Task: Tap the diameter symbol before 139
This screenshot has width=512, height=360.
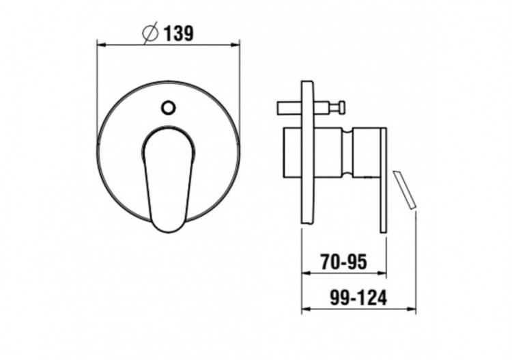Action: coord(151,32)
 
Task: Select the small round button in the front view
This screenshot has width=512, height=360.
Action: coord(168,107)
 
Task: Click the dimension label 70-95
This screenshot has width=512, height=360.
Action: coord(343,262)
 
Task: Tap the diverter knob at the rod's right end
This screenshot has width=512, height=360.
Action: coord(338,107)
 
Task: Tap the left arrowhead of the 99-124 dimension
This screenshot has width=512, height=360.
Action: coord(305,309)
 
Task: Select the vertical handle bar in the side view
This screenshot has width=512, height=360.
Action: coord(383,179)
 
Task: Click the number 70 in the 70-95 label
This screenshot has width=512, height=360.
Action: coord(330,262)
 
